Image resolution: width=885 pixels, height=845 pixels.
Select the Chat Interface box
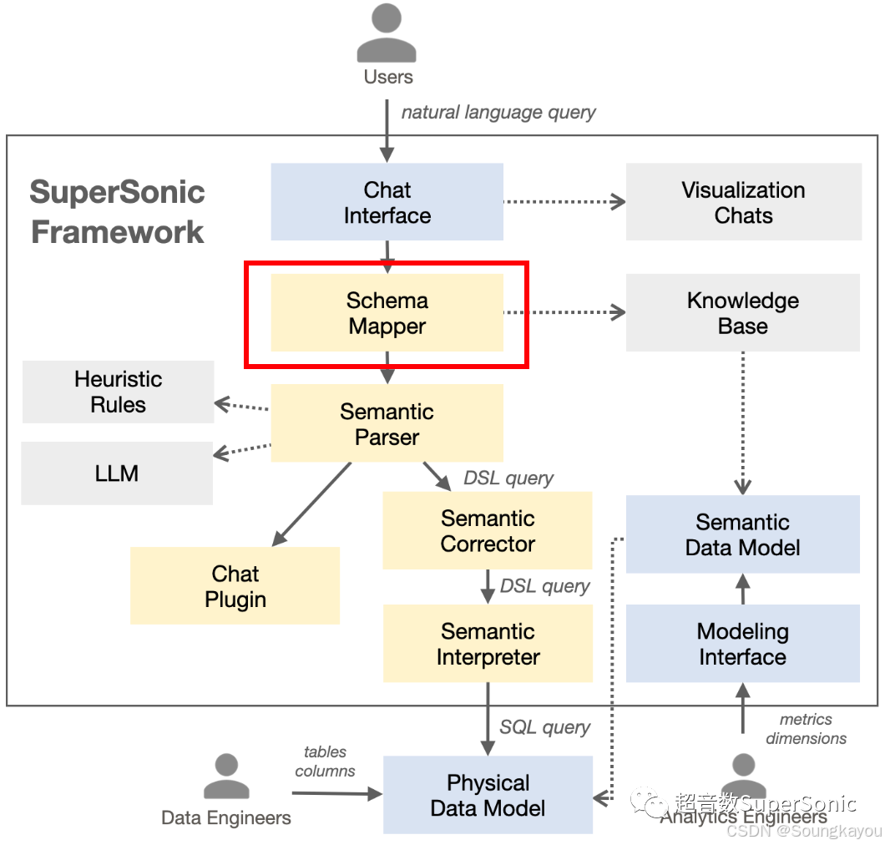coord(387,202)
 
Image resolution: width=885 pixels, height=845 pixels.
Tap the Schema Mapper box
coord(387,313)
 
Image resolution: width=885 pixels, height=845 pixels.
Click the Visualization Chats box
coord(743,202)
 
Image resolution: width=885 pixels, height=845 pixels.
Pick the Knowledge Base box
coord(743,313)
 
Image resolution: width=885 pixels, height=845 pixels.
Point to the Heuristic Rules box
coord(118,392)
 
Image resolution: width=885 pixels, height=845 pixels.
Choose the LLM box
coord(117,473)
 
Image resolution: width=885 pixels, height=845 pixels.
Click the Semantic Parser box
coord(387,423)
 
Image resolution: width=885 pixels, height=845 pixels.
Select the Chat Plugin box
coord(235,586)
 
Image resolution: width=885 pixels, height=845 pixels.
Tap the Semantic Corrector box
coord(488,531)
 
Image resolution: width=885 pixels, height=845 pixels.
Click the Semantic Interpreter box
coord(488,644)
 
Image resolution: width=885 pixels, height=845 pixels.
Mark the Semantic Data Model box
coord(743,534)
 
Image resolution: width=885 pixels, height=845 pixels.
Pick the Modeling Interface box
coord(743,644)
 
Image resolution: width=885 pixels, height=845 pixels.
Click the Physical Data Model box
coord(488,795)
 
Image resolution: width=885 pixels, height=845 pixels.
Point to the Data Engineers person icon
coord(226,777)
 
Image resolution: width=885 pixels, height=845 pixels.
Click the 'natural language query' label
coord(498,112)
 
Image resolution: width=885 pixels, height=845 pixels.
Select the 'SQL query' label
coord(544,727)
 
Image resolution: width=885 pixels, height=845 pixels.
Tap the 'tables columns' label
coord(325,761)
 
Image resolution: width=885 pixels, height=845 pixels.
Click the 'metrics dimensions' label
coord(806,728)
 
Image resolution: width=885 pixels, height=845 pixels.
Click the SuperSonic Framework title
coord(117,211)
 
